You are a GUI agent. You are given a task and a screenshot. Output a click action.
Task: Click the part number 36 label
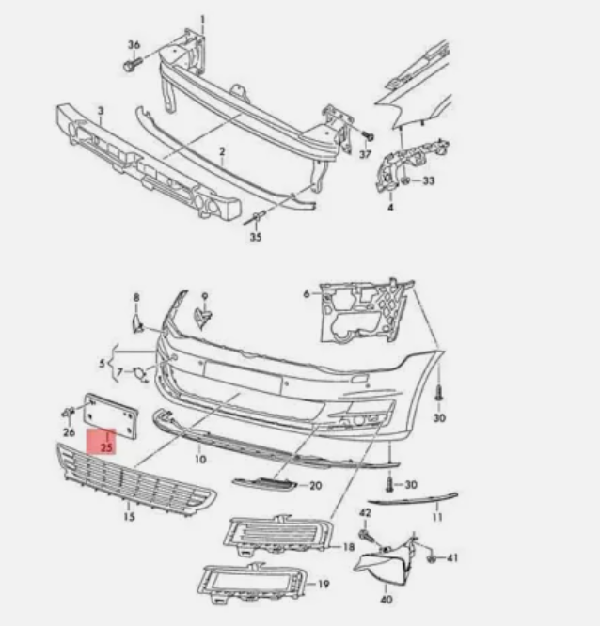[x=134, y=46]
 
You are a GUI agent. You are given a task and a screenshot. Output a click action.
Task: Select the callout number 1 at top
[x=202, y=19]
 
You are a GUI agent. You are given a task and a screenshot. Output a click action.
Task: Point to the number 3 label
[x=101, y=112]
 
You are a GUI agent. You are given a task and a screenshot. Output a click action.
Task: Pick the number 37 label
[x=366, y=152]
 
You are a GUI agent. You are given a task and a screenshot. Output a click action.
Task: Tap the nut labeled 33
[x=405, y=180]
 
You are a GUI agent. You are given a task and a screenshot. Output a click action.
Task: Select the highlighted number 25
[x=105, y=447]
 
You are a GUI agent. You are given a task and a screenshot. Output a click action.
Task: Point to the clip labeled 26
[x=69, y=414]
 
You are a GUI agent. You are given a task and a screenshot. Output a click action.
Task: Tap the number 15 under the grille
[x=129, y=516]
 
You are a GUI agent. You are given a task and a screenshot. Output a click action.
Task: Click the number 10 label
[x=199, y=460]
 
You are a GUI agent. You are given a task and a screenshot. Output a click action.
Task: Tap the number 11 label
[x=436, y=516]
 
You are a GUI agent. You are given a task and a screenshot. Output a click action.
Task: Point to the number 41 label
[x=451, y=558]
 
